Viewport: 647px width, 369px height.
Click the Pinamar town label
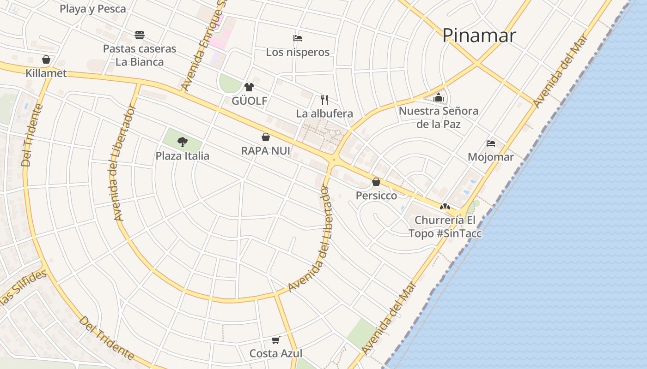pos(479,36)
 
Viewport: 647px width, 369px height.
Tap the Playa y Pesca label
pos(93,8)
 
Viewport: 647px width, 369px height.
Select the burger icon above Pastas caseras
pos(140,35)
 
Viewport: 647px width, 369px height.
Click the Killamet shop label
pos(46,73)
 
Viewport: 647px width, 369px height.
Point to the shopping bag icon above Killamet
pos(46,60)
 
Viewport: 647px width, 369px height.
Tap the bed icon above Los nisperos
pos(298,38)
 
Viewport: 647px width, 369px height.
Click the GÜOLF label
pos(249,101)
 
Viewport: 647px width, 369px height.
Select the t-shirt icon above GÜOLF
pos(249,87)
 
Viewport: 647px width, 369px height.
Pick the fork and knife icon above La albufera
pos(324,100)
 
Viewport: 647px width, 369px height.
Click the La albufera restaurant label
pos(324,113)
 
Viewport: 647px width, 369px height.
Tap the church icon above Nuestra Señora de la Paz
pos(439,97)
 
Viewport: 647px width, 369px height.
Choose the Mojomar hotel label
pos(491,157)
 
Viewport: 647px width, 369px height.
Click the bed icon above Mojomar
pos(491,143)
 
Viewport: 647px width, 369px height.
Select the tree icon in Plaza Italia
pos(183,142)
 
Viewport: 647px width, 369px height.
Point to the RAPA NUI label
pos(266,151)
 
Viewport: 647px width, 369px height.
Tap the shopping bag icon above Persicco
pos(376,182)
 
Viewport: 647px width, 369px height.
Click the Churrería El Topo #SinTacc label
pos(445,226)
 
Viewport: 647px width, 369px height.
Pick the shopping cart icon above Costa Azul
pos(276,340)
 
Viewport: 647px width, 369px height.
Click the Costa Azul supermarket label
pos(276,354)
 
